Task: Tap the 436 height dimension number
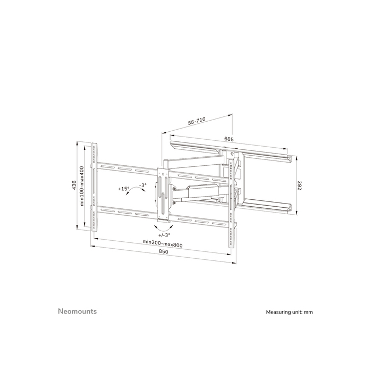click(75, 185)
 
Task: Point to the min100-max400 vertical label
click(82, 185)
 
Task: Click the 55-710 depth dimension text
click(197, 121)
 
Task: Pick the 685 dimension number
click(229, 139)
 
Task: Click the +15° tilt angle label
click(124, 189)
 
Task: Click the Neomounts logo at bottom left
click(77, 311)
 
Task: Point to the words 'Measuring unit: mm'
click(290, 312)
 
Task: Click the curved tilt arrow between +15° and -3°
click(134, 192)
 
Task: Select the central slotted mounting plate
click(164, 194)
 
